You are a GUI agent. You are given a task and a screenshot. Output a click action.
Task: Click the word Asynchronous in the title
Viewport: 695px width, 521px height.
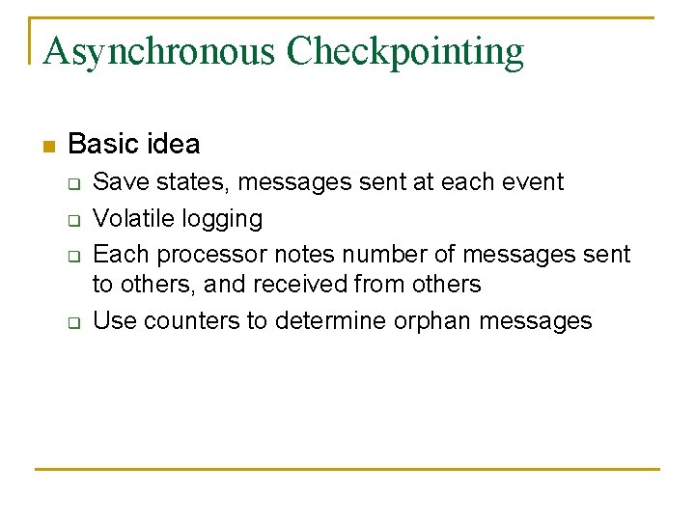(x=159, y=51)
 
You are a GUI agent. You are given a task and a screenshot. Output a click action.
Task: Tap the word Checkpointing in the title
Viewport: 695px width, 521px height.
(x=404, y=51)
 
